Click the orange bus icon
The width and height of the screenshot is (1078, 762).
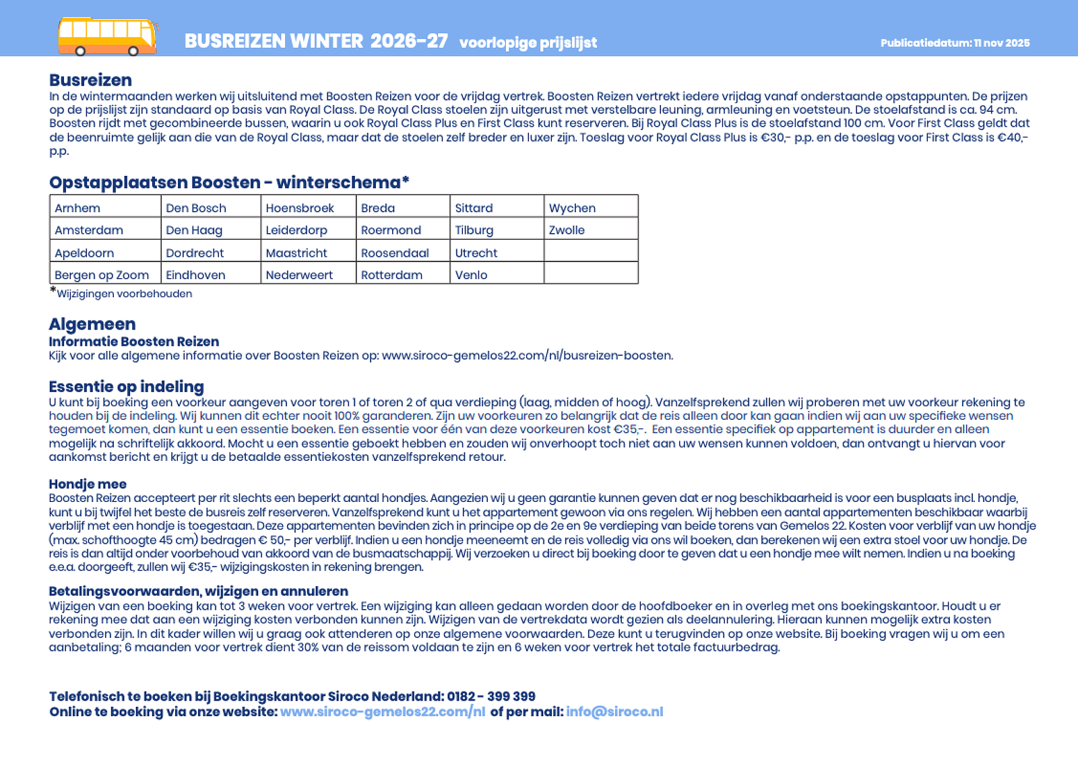pos(108,36)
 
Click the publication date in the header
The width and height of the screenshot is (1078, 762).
pos(955,43)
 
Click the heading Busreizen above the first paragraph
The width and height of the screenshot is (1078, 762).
pos(90,80)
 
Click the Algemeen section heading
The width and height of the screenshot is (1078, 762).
pos(92,324)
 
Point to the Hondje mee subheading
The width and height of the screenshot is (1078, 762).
pos(88,484)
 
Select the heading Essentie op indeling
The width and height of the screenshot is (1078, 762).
pos(126,387)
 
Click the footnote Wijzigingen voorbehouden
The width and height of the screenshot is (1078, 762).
pos(124,294)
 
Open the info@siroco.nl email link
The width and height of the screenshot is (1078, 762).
pos(614,712)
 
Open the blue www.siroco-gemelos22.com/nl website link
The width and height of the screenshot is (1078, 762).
pos(382,712)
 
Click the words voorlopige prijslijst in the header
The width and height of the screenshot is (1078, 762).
pos(528,42)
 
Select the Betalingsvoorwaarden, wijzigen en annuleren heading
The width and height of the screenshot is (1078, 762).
pos(198,592)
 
